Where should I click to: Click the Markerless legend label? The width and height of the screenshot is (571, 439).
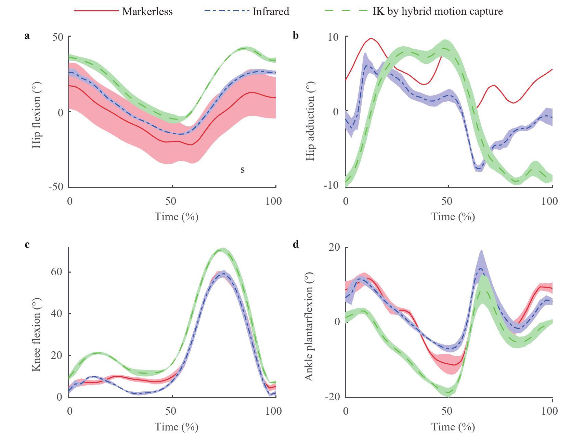point(147,11)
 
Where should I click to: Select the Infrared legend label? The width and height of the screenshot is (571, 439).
point(271,11)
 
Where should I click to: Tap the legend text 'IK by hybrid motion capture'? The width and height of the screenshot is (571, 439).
point(438,11)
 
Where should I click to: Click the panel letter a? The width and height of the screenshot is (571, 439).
point(27,36)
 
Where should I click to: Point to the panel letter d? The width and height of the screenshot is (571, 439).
point(296,244)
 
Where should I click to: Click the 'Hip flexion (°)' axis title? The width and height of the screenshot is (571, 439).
point(37,115)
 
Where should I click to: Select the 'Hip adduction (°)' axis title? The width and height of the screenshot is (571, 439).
point(310,121)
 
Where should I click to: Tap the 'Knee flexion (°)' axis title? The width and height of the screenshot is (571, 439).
point(37,334)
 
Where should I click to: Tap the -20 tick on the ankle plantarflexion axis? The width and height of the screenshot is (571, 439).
point(332,397)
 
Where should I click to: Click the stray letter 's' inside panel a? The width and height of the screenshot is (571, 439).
point(242,170)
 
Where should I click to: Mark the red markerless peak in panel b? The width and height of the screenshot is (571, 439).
point(371,38)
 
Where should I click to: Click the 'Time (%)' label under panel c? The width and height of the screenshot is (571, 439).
point(177,427)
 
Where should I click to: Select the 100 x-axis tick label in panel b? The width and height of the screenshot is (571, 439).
point(549,201)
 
